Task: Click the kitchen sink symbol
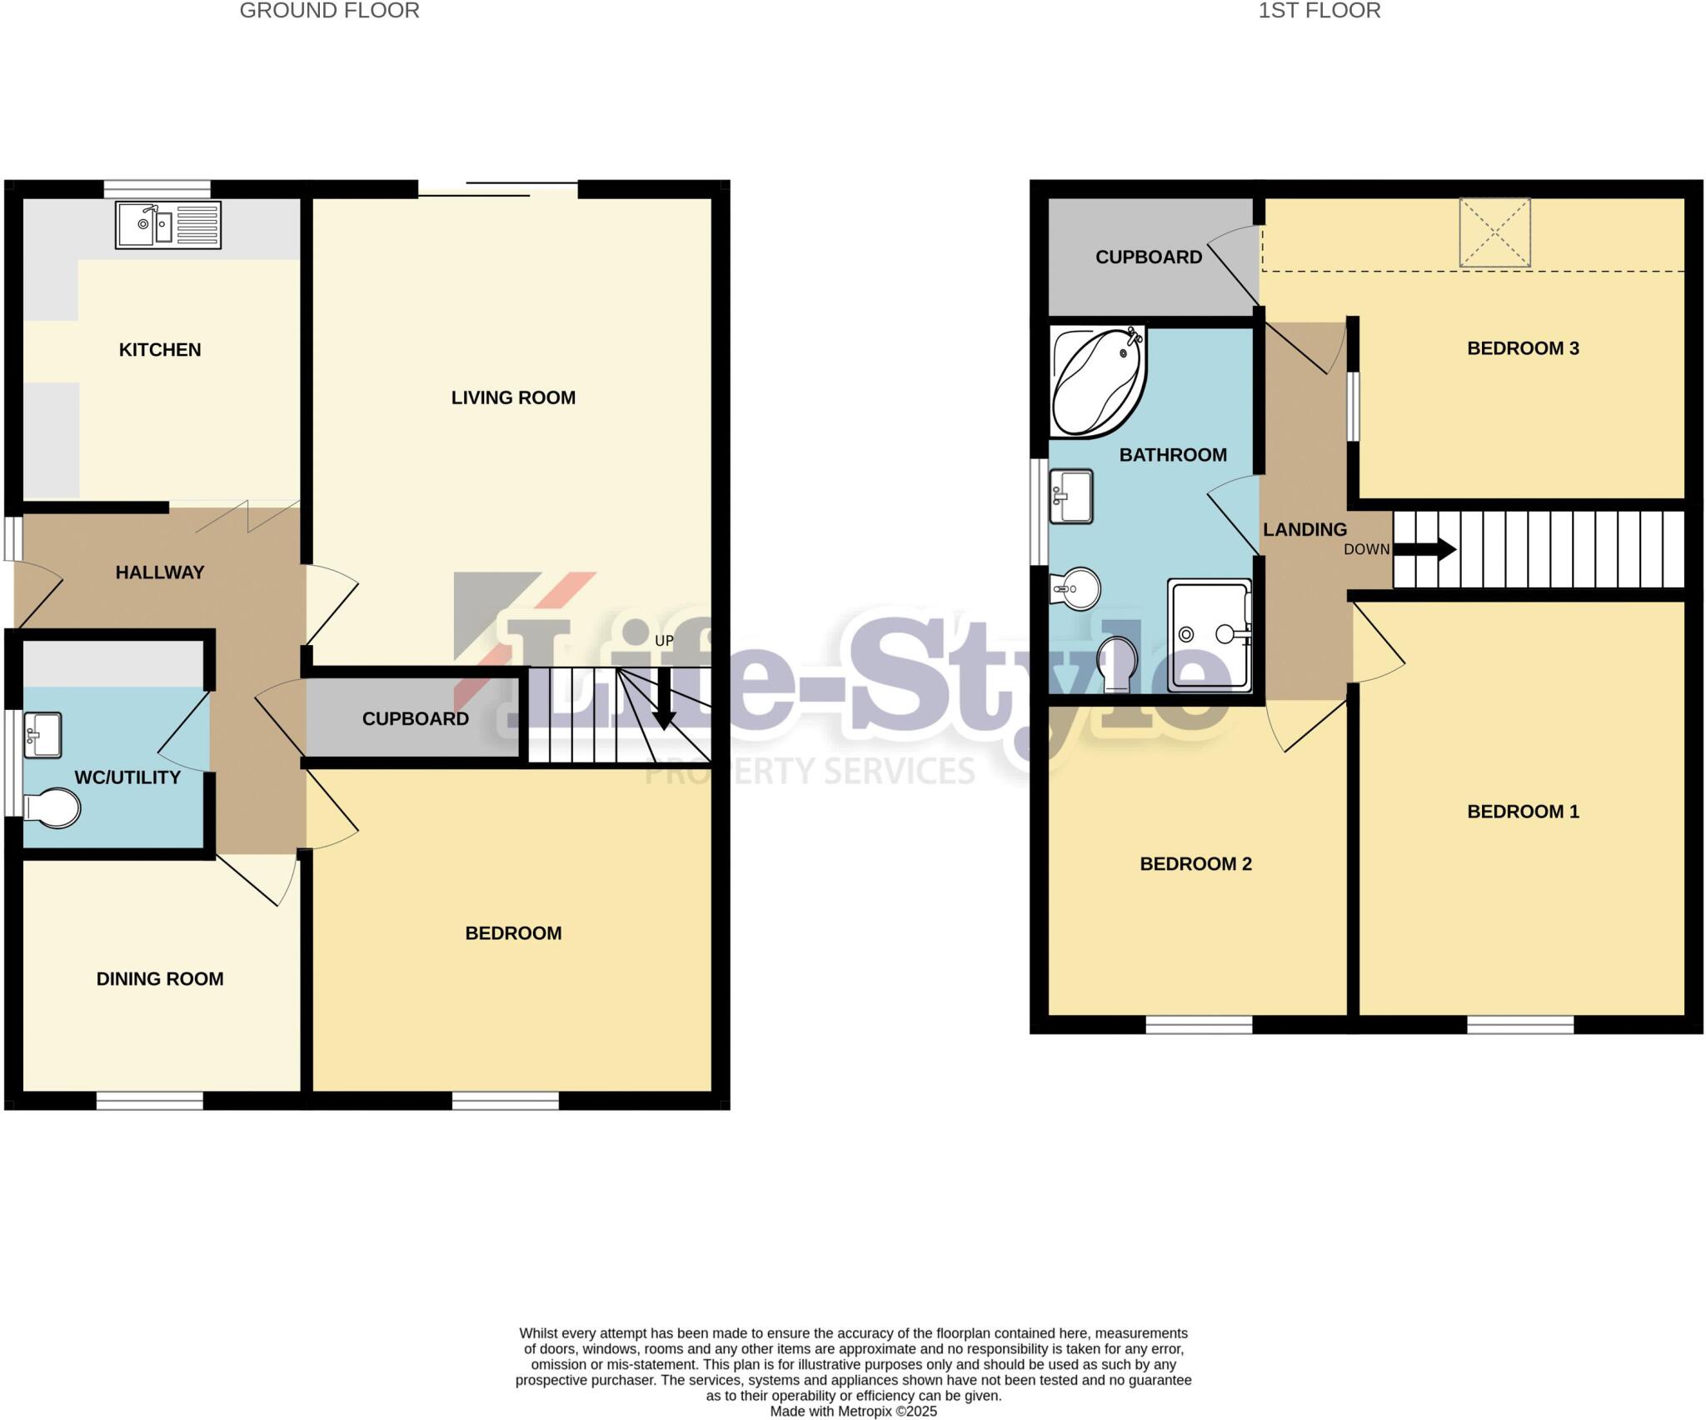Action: [168, 225]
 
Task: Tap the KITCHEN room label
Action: [160, 350]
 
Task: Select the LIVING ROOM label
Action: [513, 398]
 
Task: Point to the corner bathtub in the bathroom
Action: [1098, 382]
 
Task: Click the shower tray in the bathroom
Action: [1210, 635]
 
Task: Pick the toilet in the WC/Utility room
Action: [52, 808]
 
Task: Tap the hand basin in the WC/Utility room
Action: [42, 735]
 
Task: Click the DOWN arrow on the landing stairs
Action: [1424, 549]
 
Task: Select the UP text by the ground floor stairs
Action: [664, 641]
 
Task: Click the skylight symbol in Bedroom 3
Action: [1494, 232]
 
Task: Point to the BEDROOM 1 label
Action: [1523, 812]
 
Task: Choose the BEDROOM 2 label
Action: [1195, 864]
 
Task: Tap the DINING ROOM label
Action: [160, 979]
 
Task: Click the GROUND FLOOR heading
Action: [329, 11]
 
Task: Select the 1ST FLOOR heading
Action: [1319, 11]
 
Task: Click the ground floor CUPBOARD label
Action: [415, 719]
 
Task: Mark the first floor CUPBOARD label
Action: [1148, 257]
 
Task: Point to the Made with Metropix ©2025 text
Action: [853, 1412]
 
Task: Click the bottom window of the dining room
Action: [150, 1101]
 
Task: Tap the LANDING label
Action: [1304, 530]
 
